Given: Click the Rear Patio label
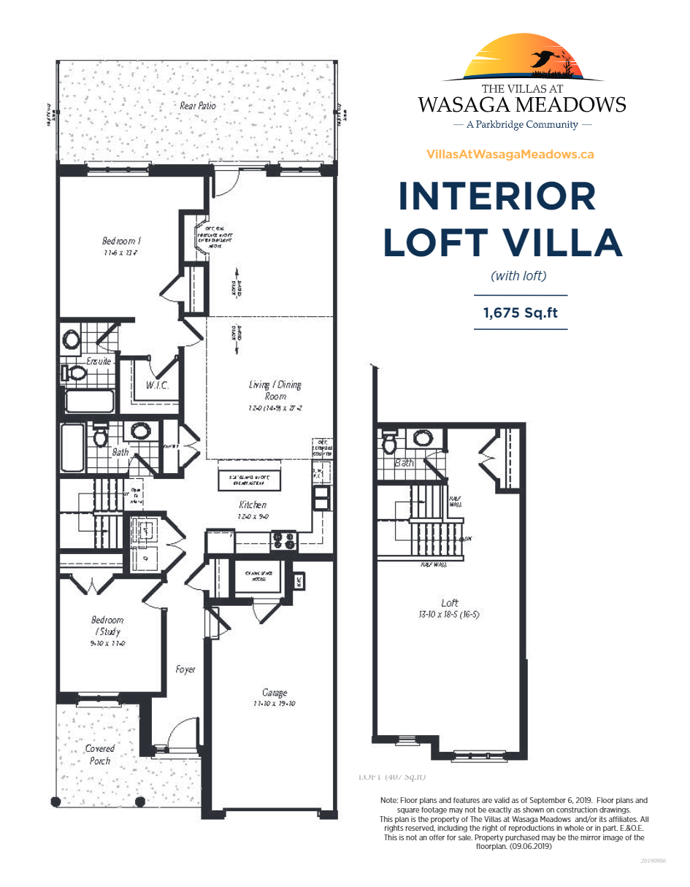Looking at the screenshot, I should coord(197,106).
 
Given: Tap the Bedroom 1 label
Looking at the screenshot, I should coord(121,241).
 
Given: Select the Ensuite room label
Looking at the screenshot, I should coord(99,361).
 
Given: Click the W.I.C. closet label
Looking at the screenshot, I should coord(157,385).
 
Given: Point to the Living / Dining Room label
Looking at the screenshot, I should coord(275,390).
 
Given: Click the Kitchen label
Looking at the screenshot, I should coord(253,504).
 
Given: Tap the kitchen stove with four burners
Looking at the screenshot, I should coord(285,540).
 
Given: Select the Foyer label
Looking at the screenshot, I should coord(185,669).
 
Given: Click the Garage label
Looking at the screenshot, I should coord(275,692).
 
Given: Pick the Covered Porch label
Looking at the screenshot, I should coord(99,754).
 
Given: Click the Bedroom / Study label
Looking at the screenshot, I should coord(107,626).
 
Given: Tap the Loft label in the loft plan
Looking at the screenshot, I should coord(450,602).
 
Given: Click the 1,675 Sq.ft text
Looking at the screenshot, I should coord(521,312).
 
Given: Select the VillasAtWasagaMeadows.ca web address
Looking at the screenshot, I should coord(510,155).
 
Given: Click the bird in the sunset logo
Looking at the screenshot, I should coord(544,59).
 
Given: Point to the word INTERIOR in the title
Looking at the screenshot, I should coord(497,196).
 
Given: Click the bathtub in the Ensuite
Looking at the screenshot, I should coord(90,401).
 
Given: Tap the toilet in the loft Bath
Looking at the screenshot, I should coord(389,443).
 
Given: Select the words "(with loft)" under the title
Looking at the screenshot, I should coord(518,276).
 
